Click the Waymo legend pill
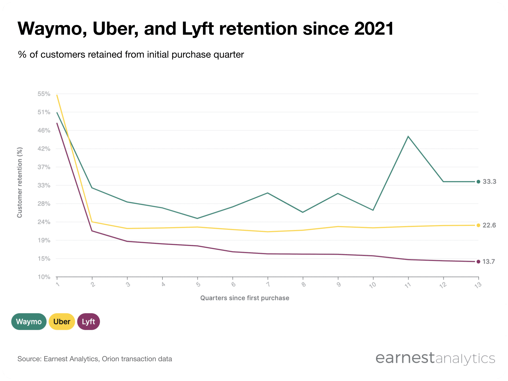point(29,321)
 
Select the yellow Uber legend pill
point(62,321)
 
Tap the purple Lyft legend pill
point(88,321)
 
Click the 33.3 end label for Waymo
point(489,182)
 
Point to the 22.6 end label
point(489,225)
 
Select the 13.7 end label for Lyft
point(488,262)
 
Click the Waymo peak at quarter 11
point(408,137)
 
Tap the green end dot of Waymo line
point(478,182)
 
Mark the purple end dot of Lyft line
point(478,262)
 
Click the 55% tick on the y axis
point(44,94)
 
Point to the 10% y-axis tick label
point(44,277)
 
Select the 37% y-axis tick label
point(44,167)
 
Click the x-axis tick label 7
point(268,284)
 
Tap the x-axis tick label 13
point(478,285)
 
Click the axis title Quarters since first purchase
point(244,298)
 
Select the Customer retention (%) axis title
point(20,183)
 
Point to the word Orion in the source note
point(110,359)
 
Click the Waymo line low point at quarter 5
point(197,218)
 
